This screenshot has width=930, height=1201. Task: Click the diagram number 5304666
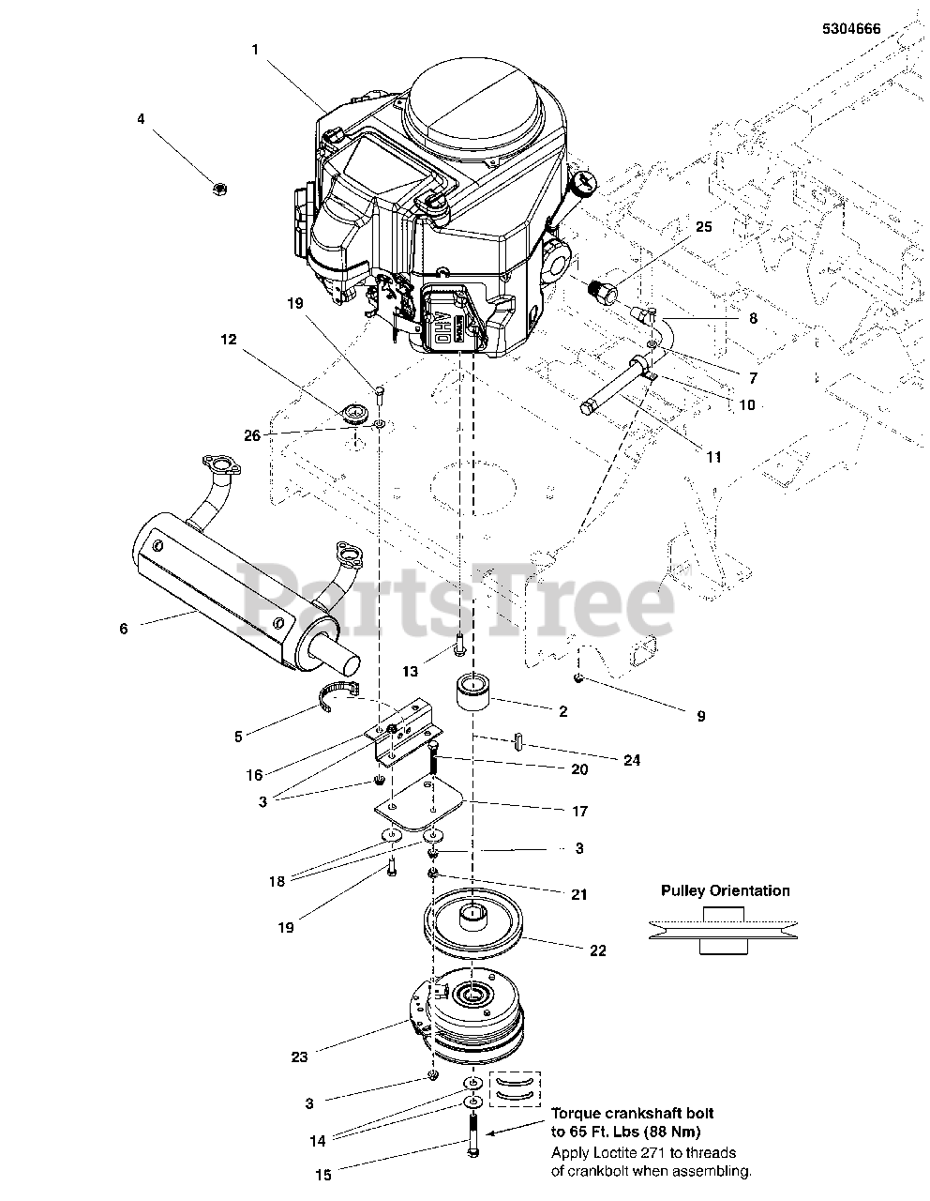click(850, 29)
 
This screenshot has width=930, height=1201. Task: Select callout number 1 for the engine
click(254, 50)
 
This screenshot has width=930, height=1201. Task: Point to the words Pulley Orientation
click(725, 890)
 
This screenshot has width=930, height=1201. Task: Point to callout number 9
click(700, 716)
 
